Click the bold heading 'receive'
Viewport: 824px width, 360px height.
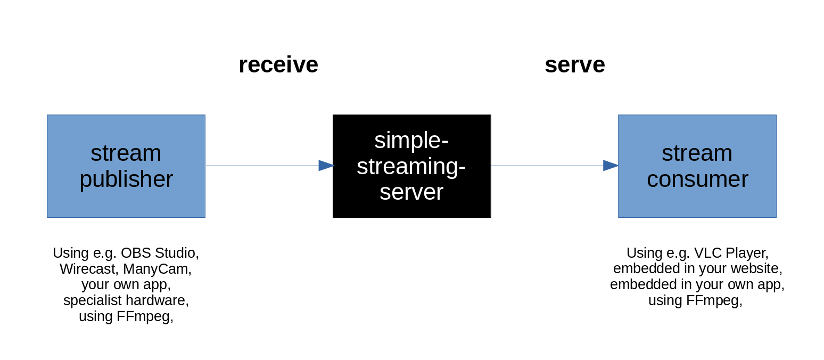click(278, 65)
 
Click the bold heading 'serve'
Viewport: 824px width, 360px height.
click(574, 65)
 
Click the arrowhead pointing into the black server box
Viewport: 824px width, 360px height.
click(326, 166)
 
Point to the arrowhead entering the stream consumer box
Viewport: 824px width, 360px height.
click(610, 166)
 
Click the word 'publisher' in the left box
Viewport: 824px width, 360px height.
click(126, 179)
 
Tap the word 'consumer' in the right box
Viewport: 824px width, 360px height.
click(697, 179)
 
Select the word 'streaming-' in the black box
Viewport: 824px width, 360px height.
click(411, 166)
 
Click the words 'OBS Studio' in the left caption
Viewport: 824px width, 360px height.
click(159, 252)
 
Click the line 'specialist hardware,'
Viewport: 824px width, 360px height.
click(126, 300)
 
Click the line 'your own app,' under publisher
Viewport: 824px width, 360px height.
click(126, 284)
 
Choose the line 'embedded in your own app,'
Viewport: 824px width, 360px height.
click(697, 284)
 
